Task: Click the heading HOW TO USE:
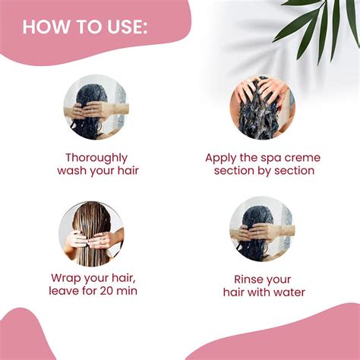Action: pyautogui.click(x=85, y=27)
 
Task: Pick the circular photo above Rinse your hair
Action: pyautogui.click(x=262, y=229)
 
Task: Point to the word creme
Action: pyautogui.click(x=302, y=157)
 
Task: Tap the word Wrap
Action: pyautogui.click(x=67, y=278)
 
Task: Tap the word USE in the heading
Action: pyautogui.click(x=121, y=27)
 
